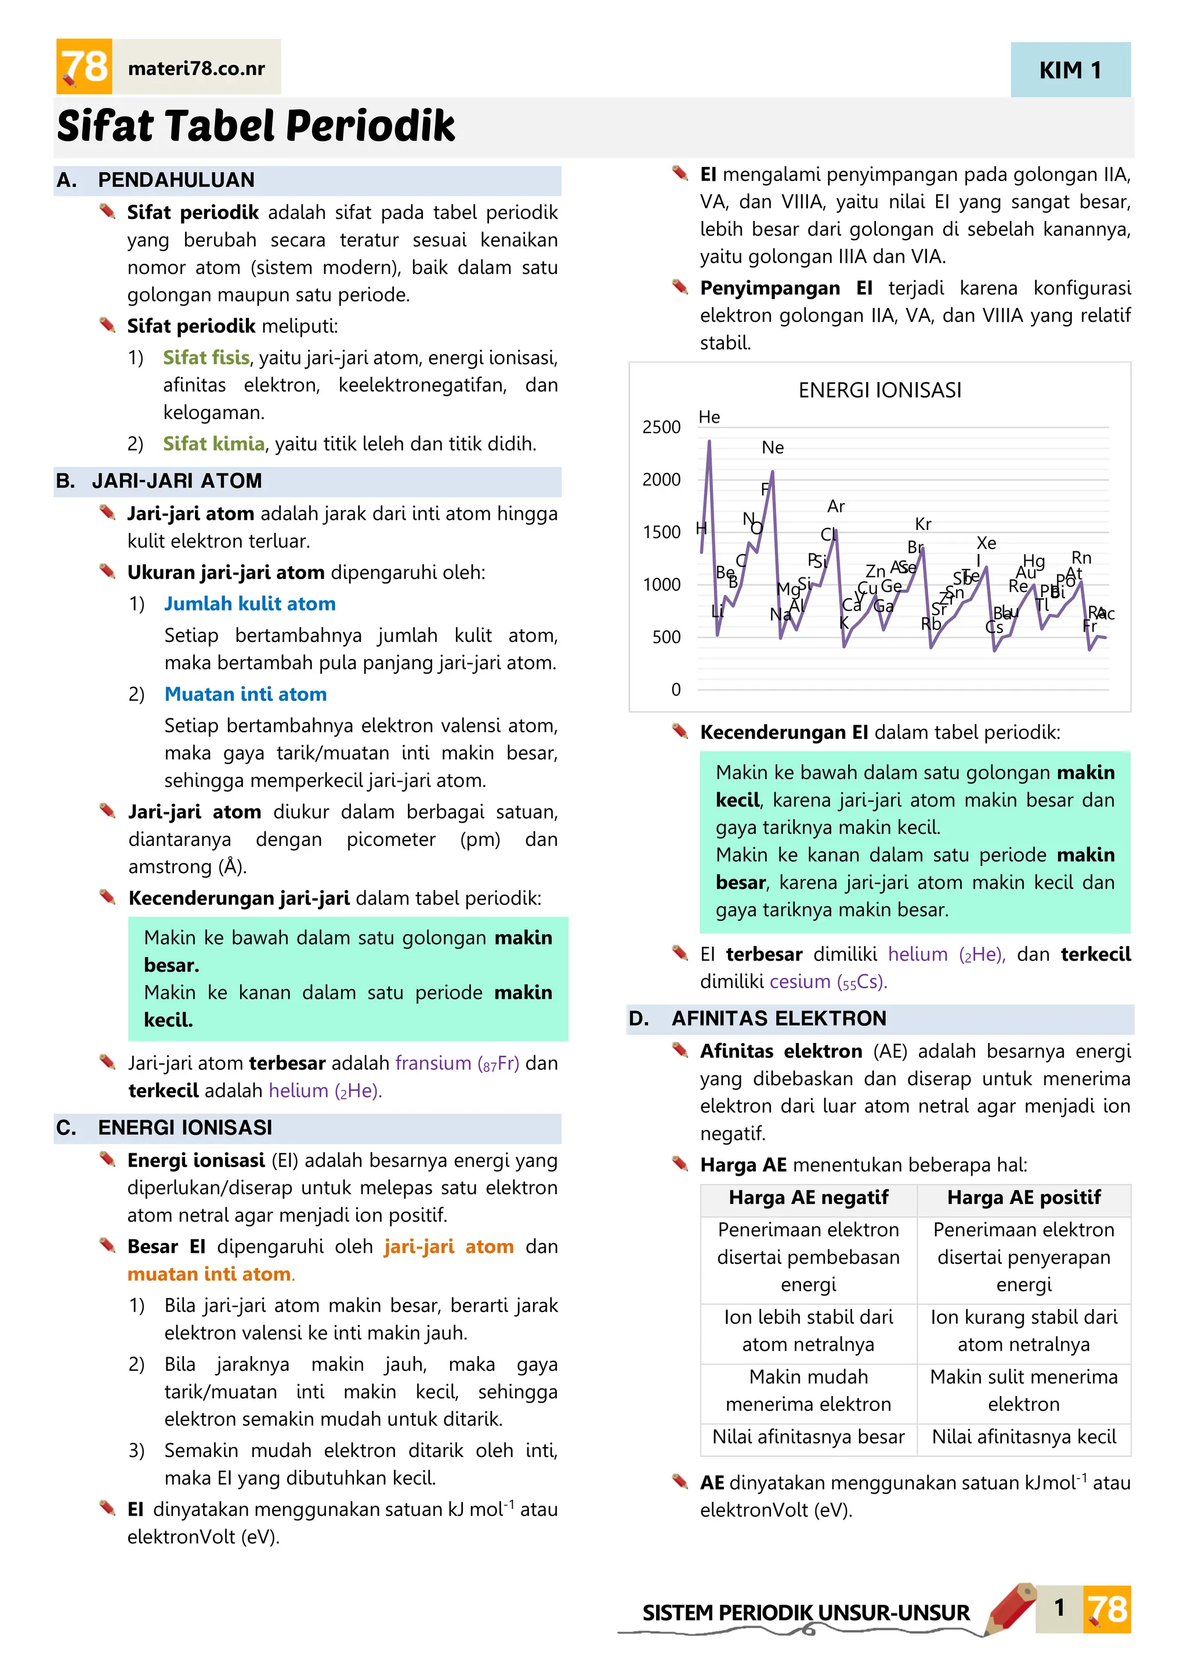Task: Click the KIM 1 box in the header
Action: (1070, 70)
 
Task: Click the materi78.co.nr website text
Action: (196, 69)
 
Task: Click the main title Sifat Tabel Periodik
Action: (256, 126)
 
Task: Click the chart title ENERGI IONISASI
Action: (879, 391)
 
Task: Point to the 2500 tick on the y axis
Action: (661, 427)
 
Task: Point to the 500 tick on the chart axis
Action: (666, 637)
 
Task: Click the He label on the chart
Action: (709, 417)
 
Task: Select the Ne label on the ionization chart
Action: (773, 448)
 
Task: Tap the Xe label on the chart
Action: (986, 543)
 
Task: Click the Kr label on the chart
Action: (923, 524)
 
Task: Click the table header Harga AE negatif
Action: (808, 1198)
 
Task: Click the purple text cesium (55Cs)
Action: (827, 982)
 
